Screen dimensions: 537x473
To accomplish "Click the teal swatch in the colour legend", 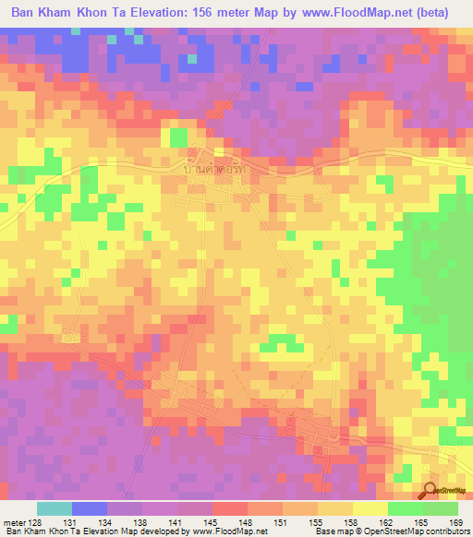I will click(55, 508).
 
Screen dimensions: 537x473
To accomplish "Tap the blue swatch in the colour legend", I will click(90, 508).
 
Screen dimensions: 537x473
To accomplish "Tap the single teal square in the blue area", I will click(192, 59).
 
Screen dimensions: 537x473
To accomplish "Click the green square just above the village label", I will click(178, 137).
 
